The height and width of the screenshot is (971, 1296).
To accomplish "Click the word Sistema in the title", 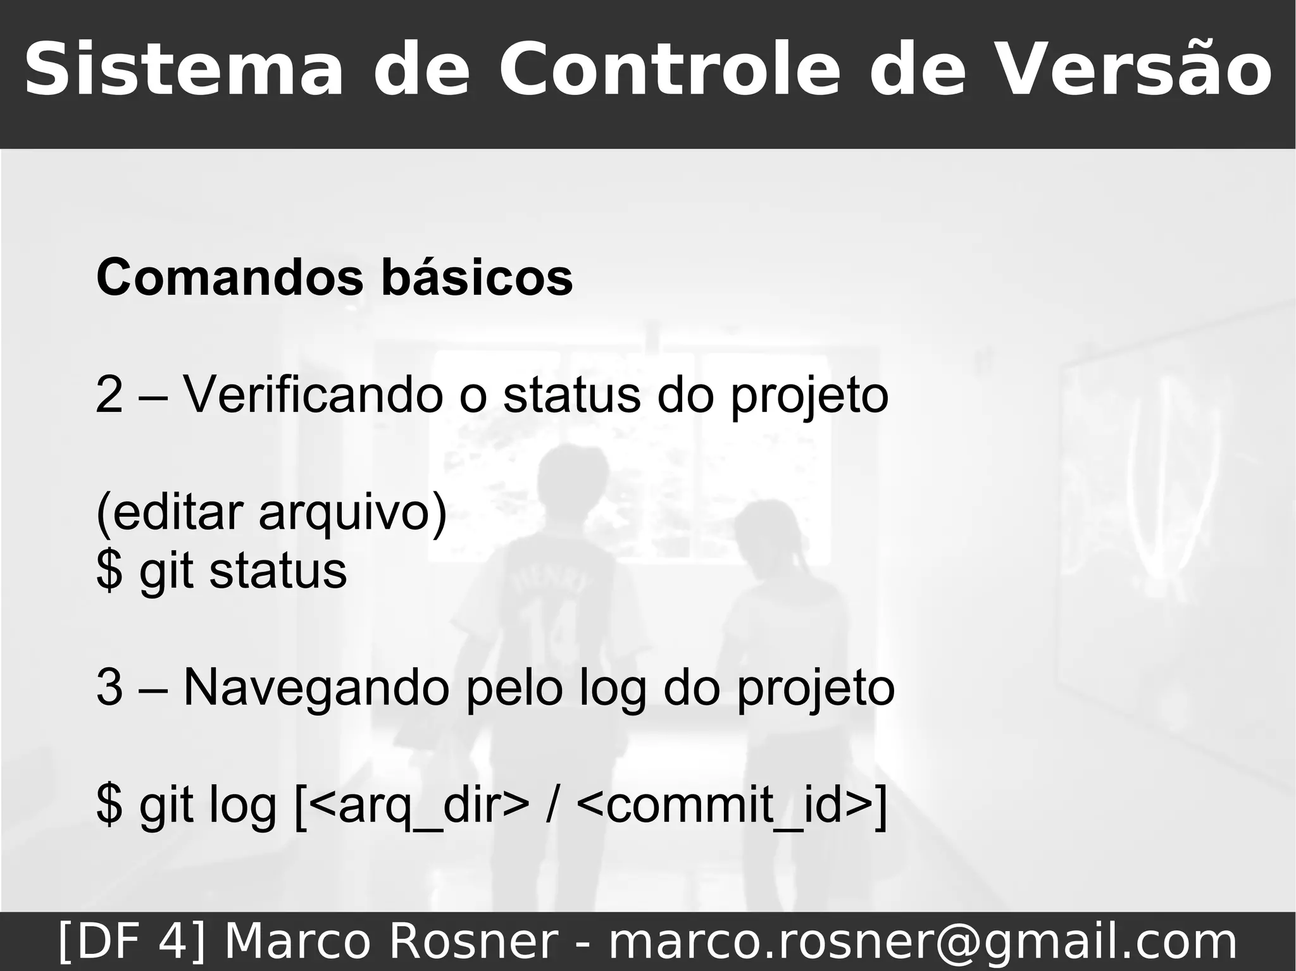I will click(x=184, y=70).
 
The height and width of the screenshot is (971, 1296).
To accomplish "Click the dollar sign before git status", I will click(x=109, y=571).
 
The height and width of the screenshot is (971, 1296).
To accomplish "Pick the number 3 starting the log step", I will click(x=109, y=688).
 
